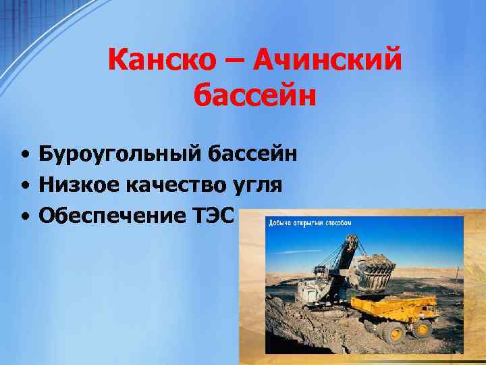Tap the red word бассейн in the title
coord(254,95)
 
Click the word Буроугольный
coord(118,154)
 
